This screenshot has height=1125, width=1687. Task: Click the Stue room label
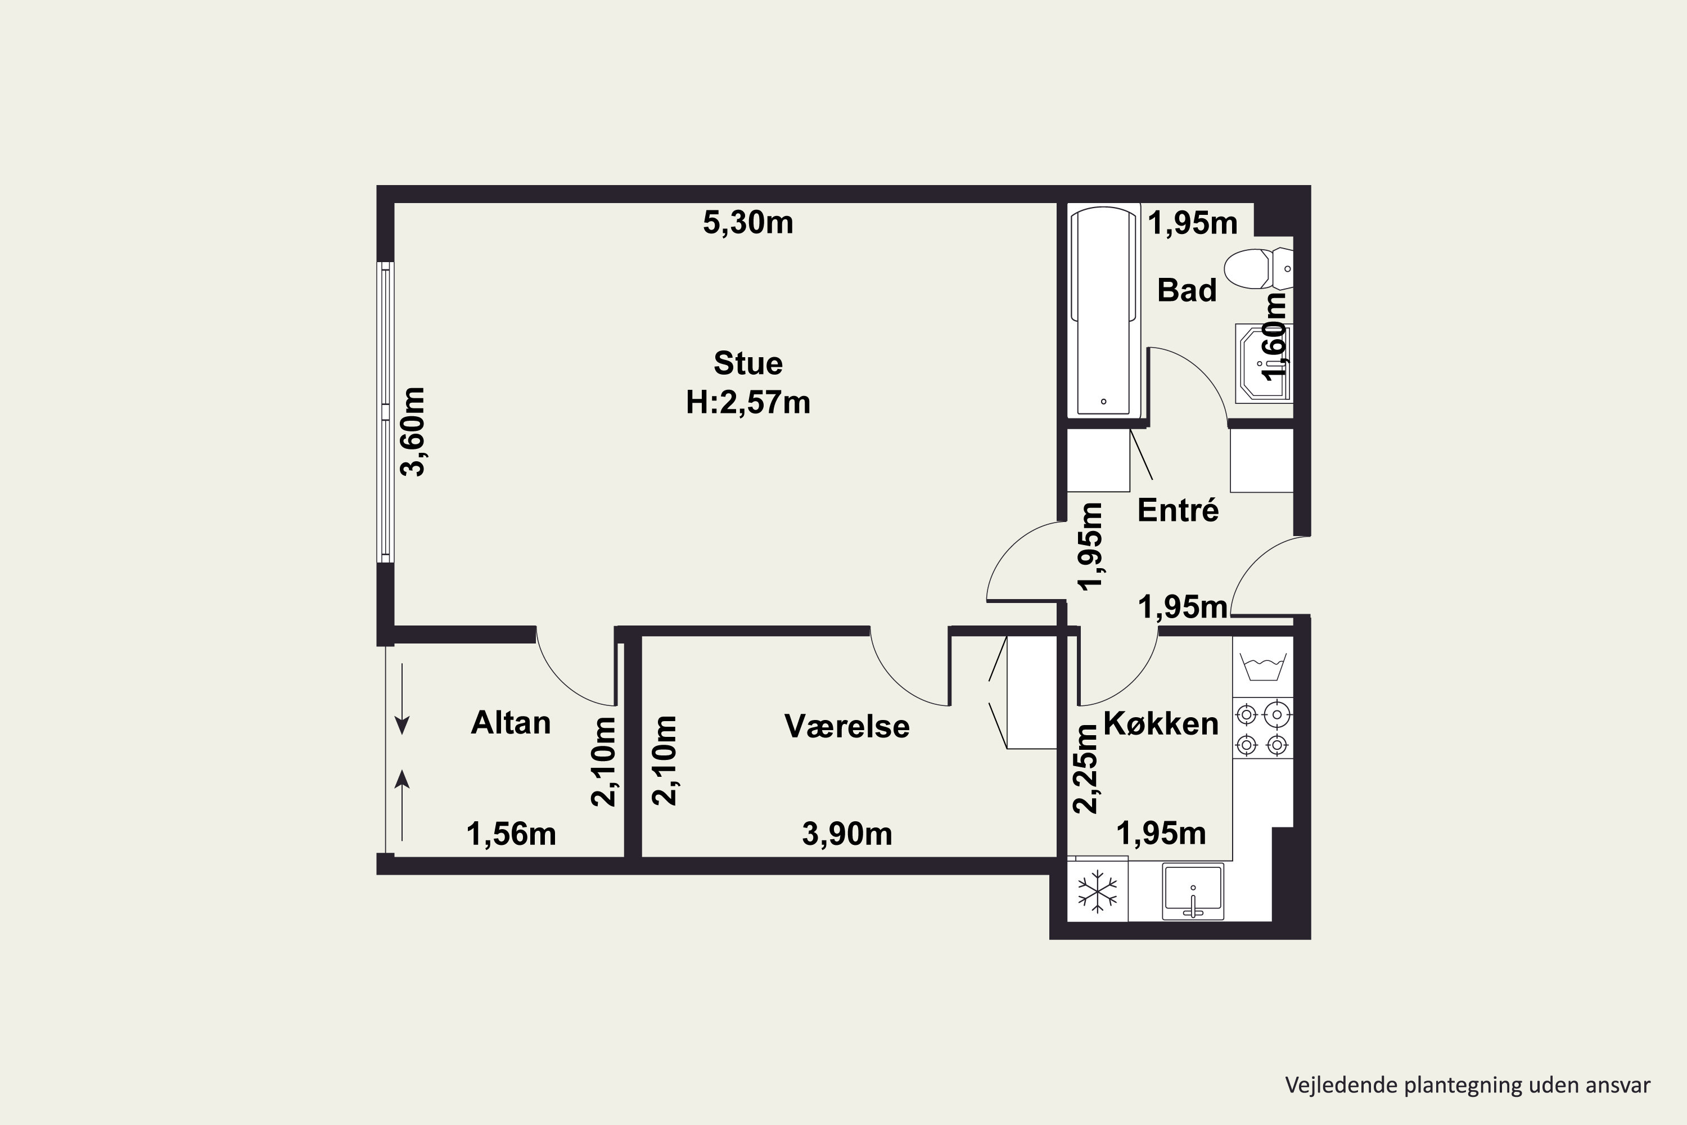tap(747, 364)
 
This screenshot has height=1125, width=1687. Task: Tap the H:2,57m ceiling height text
tap(747, 403)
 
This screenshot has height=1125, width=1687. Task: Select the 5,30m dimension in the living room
tap(747, 223)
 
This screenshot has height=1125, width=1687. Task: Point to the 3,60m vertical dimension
tap(414, 431)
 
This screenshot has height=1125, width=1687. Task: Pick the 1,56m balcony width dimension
tap(511, 834)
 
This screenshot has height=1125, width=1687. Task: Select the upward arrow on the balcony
tap(403, 804)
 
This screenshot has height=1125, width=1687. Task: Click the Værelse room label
tap(846, 726)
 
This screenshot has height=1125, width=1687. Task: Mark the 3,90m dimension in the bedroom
tap(846, 834)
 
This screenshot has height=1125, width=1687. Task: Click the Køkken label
tap(1161, 723)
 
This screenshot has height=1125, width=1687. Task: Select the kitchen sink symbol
tap(1193, 892)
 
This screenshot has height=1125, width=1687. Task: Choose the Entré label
tap(1178, 510)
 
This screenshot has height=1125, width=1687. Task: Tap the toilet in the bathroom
tap(1257, 269)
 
